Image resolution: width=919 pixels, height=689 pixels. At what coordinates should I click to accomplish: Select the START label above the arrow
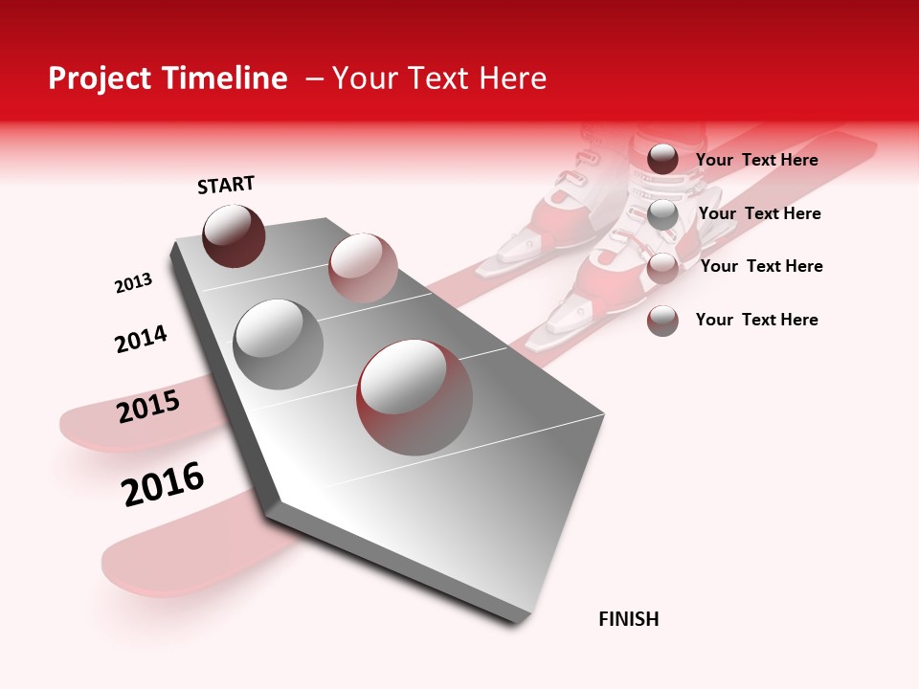[226, 185]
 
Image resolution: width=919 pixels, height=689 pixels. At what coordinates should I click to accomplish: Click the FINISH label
[629, 619]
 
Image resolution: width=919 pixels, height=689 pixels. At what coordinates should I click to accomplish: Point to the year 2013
[133, 283]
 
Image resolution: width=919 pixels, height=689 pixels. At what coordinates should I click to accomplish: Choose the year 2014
[141, 339]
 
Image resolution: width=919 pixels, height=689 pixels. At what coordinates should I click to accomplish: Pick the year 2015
[148, 407]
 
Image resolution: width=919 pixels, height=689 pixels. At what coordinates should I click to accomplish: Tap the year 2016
[163, 483]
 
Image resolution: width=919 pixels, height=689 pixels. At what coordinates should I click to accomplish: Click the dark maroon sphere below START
[234, 236]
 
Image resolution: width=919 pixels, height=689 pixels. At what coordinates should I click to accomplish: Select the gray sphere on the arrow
[279, 344]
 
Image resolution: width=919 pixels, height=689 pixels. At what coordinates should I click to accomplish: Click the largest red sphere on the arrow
[415, 397]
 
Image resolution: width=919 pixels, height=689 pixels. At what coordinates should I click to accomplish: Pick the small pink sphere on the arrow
[363, 267]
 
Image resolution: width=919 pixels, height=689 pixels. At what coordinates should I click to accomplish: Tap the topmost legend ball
[662, 160]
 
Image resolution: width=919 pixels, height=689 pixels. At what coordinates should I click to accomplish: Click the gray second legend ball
[662, 213]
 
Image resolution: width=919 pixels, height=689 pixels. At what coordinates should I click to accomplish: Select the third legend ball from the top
[662, 267]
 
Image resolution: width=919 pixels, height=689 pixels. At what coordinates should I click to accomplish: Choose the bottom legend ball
[662, 320]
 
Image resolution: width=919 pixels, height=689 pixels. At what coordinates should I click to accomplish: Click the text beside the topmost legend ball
[756, 161]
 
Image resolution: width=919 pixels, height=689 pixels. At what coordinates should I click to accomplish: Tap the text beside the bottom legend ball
[756, 320]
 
